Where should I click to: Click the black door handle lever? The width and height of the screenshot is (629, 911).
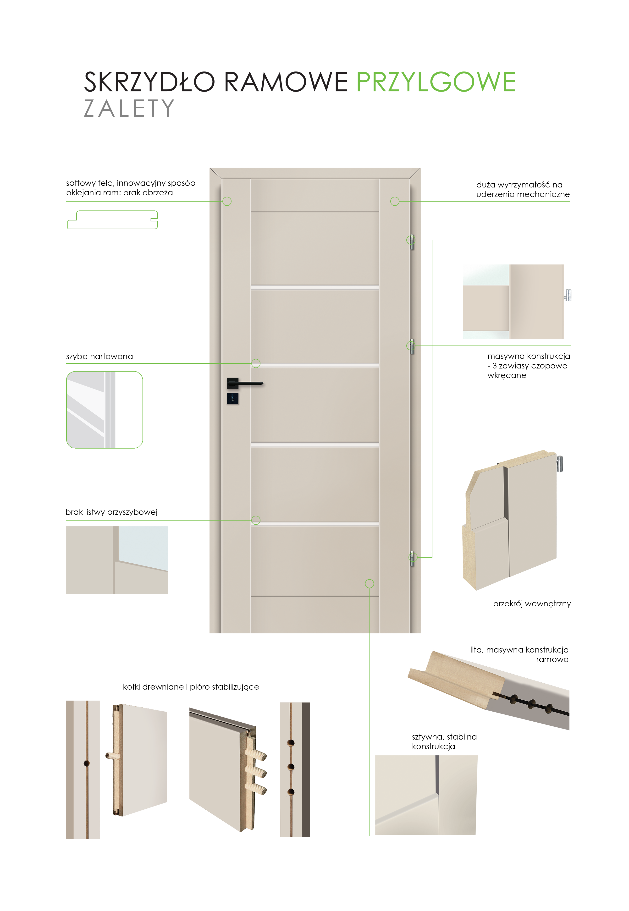[247, 383]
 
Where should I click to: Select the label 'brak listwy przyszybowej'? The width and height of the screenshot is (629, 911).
[111, 512]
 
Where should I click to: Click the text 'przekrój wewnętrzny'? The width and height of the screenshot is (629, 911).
[532, 604]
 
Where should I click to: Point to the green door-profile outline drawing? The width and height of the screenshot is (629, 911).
[113, 220]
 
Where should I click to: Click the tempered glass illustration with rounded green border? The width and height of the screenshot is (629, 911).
[105, 410]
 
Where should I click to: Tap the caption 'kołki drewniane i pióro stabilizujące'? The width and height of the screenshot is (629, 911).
[191, 687]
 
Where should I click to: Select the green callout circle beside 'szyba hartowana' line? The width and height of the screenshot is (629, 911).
[256, 363]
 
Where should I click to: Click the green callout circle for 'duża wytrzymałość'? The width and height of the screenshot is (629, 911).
[395, 201]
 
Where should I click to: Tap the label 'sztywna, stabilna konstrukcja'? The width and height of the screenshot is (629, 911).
[444, 741]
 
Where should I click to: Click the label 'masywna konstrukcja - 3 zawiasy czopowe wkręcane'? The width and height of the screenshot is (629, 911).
[529, 366]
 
